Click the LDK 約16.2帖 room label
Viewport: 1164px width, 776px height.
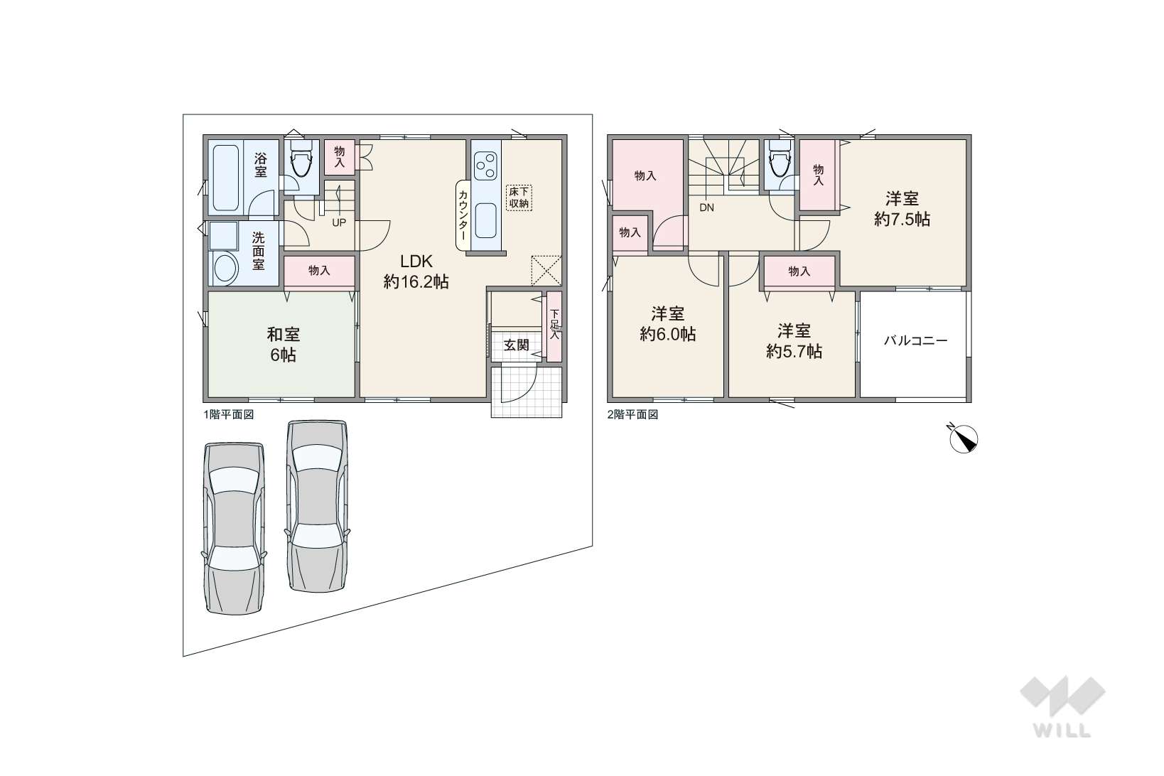416,271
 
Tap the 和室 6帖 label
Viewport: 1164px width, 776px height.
284,344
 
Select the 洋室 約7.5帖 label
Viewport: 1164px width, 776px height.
902,208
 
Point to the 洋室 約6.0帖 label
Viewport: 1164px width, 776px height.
668,323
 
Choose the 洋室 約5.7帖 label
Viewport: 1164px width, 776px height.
794,341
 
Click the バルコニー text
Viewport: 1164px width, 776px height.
915,340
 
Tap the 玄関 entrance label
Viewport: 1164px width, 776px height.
517,345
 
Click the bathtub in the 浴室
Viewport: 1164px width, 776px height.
226,178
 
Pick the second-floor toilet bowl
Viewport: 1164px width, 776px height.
779,161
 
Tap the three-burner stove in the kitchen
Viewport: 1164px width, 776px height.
485,166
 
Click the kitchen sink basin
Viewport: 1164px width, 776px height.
485,221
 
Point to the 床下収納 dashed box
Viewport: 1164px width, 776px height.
519,198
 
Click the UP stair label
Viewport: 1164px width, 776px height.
339,223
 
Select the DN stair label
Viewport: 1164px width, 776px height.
706,208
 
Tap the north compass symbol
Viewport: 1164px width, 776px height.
963,438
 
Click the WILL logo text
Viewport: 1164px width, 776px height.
1062,731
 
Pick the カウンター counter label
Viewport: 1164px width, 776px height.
463,215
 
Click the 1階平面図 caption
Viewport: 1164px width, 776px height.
228,415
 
